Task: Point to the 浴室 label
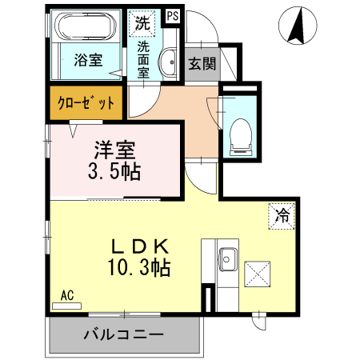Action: pyautogui.click(x=87, y=61)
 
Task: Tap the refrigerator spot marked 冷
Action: pyautogui.click(x=282, y=214)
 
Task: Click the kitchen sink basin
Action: pyautogui.click(x=227, y=258)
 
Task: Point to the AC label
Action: pyautogui.click(x=67, y=295)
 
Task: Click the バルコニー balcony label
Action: pyautogui.click(x=124, y=334)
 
